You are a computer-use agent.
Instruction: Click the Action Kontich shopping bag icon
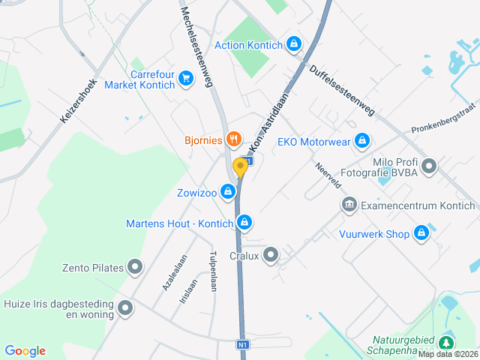click(x=295, y=45)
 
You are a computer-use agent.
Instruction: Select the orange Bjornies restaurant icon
click(x=233, y=139)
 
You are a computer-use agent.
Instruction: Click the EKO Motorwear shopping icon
click(x=362, y=140)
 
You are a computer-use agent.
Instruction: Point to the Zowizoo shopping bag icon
click(x=226, y=193)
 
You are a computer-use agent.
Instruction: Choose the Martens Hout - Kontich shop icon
click(x=244, y=223)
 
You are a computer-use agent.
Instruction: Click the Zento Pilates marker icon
click(x=135, y=266)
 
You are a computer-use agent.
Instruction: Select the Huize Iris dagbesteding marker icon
click(x=125, y=307)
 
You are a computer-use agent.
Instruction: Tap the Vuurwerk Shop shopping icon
click(x=421, y=234)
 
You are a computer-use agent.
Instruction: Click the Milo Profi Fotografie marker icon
click(x=429, y=166)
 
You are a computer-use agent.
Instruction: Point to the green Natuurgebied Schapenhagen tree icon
click(x=447, y=342)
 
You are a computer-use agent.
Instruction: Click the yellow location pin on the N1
click(x=240, y=167)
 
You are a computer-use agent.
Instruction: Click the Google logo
click(x=25, y=350)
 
